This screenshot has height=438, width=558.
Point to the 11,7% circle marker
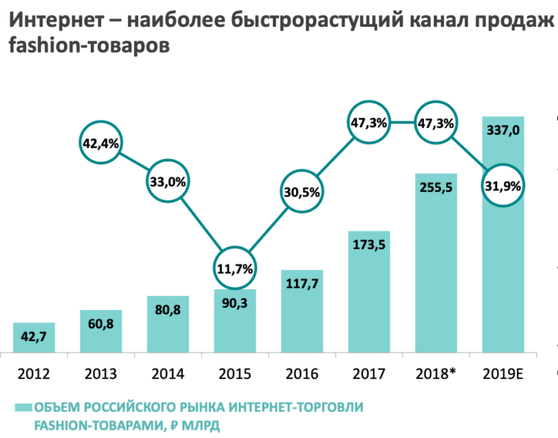click(x=235, y=267)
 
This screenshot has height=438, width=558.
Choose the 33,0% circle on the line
click(x=168, y=181)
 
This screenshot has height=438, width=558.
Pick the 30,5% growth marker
click(x=302, y=191)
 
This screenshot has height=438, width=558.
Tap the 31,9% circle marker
click(x=504, y=185)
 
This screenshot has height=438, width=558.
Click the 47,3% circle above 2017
click(x=369, y=123)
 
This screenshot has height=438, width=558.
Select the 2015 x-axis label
click(x=235, y=373)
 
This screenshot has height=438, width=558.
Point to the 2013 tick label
click(x=101, y=373)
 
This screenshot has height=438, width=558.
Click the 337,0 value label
click(x=503, y=131)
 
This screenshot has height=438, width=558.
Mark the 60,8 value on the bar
click(x=101, y=324)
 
